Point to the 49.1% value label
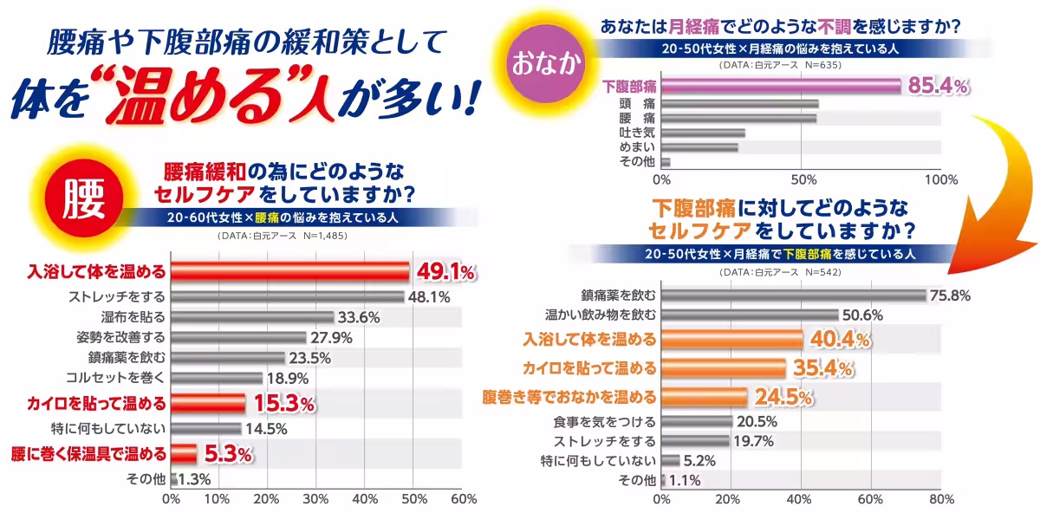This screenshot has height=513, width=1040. coord(445,272)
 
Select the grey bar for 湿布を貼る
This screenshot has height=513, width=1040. coord(252,317)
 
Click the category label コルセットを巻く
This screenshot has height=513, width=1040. coord(115,377)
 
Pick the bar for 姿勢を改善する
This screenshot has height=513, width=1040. coord(238,337)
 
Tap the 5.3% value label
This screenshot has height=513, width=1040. coord(228,452)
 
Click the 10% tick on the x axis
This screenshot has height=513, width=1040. coord(219,499)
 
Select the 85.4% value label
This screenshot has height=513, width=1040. coord(937,85)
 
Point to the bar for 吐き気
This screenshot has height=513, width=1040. coord(703,133)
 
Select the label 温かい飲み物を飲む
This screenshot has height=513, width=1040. coord(600,315)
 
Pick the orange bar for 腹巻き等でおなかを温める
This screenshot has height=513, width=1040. coord(704,397)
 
